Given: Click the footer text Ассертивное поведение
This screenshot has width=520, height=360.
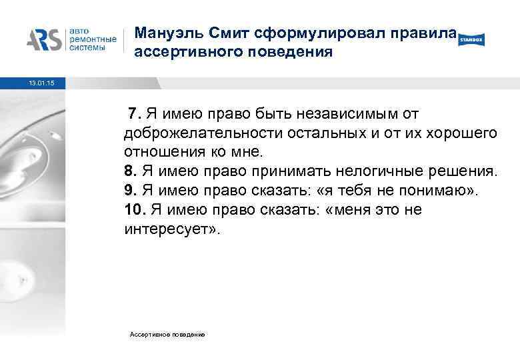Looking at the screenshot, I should pos(168,333).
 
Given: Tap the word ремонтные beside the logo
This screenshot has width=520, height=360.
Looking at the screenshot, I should pos(92,40).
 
